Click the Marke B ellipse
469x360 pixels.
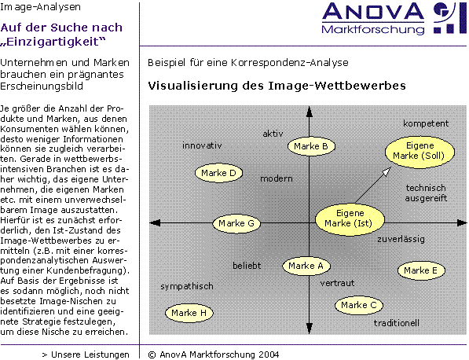pos(311,146)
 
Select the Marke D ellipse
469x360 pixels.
pos(218,173)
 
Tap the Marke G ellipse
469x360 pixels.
pos(236,223)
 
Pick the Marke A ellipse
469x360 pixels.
pos(306,266)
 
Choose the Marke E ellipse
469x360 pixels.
pos(421,270)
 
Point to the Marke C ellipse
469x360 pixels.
pos(359,305)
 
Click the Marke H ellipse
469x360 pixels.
pos(189,313)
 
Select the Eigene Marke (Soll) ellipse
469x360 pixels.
pos(420,151)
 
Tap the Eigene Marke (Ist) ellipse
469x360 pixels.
pos(350,220)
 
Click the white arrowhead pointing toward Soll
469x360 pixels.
pos(387,171)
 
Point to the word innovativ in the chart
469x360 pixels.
pos(202,145)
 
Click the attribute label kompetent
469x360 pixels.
pos(426,123)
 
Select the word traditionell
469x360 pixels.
pos(396,323)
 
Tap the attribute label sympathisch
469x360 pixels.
pos(187,287)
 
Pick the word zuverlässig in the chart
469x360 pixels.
pos(401,240)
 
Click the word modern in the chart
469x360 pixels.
pos(277,178)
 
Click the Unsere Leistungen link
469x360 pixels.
pos(86,354)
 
